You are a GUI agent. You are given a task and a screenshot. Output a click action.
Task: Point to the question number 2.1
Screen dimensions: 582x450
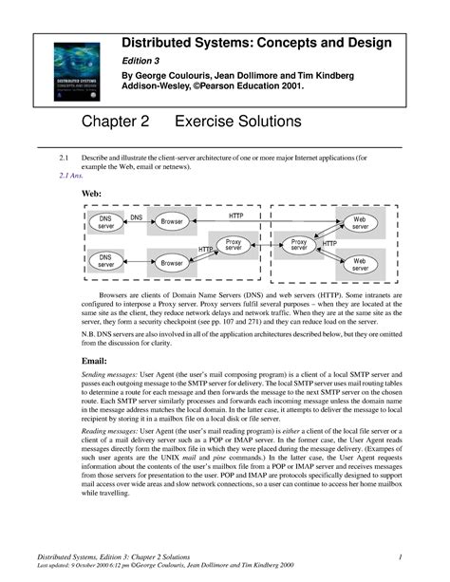coord(65,157)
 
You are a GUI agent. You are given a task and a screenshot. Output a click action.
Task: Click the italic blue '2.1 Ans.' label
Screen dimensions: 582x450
coord(70,177)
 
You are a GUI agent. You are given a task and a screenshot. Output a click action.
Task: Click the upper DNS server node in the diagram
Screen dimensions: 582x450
coord(106,223)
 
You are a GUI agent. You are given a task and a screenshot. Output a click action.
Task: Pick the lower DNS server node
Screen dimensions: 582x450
coord(106,260)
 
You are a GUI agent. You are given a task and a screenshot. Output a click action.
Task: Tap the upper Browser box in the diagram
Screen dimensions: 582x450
coord(171,221)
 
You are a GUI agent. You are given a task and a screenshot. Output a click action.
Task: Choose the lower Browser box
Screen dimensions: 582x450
coord(171,262)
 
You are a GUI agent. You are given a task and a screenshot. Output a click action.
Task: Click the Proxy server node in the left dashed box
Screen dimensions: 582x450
coord(234,244)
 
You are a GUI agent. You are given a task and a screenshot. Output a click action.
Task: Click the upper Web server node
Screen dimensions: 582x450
coord(361,223)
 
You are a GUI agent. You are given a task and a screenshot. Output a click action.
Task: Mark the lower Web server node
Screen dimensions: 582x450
coord(361,263)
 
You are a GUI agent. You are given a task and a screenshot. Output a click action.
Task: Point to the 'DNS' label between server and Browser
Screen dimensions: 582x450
coord(137,217)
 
